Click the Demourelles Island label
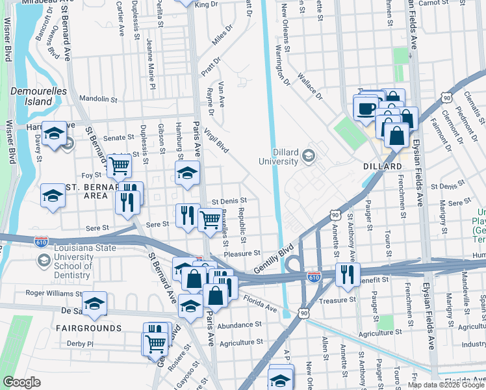point(39,96)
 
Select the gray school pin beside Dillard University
point(308,155)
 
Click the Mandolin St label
point(97,99)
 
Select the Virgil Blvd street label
point(217,141)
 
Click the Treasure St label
point(339,300)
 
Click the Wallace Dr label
point(310,86)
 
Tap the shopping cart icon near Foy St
point(120,166)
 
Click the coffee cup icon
point(366,107)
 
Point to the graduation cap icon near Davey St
point(55,134)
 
